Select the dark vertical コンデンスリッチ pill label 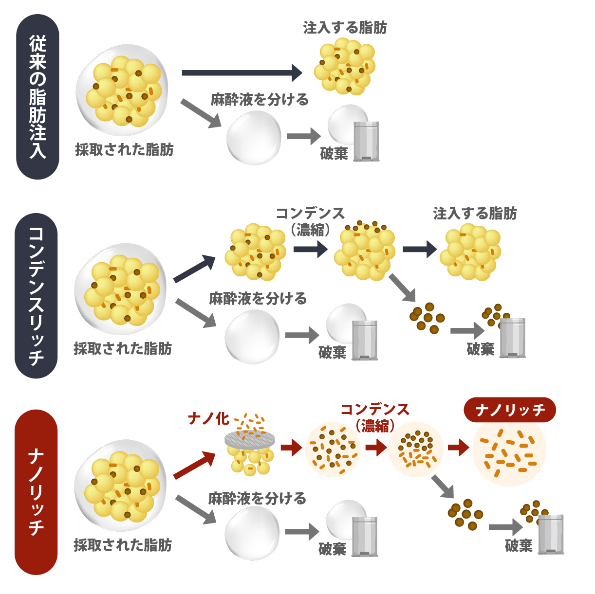37,295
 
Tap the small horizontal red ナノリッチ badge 509,410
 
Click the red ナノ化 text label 208,418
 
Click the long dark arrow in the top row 242,72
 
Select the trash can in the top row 366,141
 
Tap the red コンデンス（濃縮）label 375,417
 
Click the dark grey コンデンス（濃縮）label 310,221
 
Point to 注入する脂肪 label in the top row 345,28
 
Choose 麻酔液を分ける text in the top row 260,100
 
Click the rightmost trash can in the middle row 512,338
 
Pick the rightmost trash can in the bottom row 551,534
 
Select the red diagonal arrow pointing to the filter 195,465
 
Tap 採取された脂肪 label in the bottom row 123,545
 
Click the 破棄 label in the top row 334,154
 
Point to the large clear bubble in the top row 254,138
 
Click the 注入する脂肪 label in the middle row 475,214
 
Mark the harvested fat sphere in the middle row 120,290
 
